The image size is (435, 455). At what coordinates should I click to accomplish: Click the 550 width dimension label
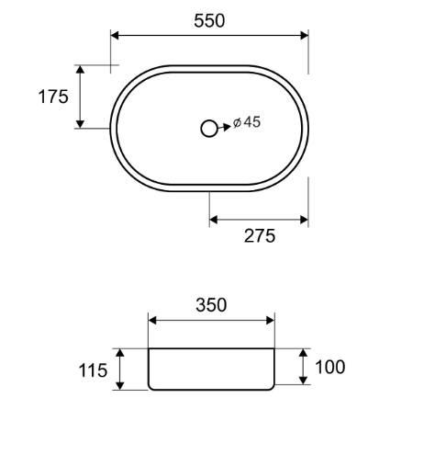pyautogui.click(x=209, y=21)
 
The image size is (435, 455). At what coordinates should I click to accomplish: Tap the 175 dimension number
pyautogui.click(x=53, y=97)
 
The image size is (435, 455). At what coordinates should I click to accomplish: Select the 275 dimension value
pyautogui.click(x=260, y=236)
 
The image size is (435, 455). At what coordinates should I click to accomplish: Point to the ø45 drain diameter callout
pyautogui.click(x=247, y=122)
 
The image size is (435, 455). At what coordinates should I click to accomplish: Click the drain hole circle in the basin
pyautogui.click(x=209, y=129)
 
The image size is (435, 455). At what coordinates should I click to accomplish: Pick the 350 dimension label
pyautogui.click(x=211, y=305)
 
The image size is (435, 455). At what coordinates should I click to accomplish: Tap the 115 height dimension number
pyautogui.click(x=93, y=370)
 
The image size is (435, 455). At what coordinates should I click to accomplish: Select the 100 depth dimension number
pyautogui.click(x=329, y=367)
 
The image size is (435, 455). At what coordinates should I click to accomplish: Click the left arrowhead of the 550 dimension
pyautogui.click(x=115, y=36)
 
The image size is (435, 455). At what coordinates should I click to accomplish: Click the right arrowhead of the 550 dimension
pyautogui.click(x=305, y=36)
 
